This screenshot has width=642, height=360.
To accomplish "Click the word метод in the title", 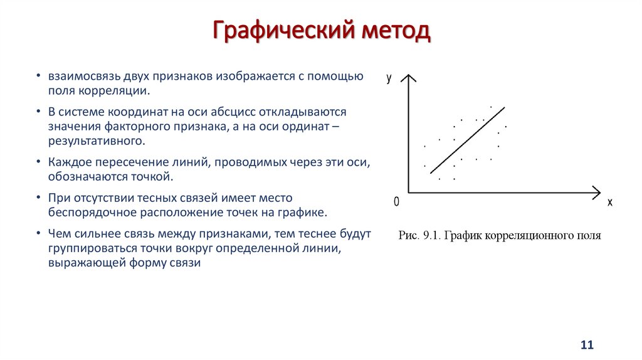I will (394, 31).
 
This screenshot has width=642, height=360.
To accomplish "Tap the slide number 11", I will (587, 345).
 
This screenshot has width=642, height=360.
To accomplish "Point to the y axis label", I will (389, 78).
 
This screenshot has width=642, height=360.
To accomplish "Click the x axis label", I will (609, 202).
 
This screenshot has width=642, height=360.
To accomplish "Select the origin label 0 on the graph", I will (396, 202).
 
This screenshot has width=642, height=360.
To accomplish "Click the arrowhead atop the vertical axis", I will (408, 78).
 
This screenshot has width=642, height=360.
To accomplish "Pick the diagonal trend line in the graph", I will (467, 139).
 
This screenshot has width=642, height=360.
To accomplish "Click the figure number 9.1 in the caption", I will (431, 236).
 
